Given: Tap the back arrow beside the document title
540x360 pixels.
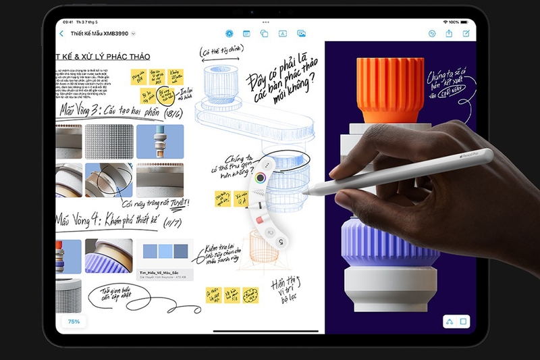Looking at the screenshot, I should click(x=62, y=33).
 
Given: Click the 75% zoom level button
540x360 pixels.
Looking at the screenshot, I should click(x=74, y=322).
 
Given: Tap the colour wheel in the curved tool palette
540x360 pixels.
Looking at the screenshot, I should click(x=260, y=178).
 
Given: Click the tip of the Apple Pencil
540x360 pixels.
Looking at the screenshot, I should click(x=305, y=191).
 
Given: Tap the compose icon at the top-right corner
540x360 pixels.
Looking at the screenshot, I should click(x=466, y=33).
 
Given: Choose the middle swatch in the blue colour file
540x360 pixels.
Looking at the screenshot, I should click(x=165, y=251).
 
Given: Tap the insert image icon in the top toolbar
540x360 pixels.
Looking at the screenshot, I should click(x=301, y=33).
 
